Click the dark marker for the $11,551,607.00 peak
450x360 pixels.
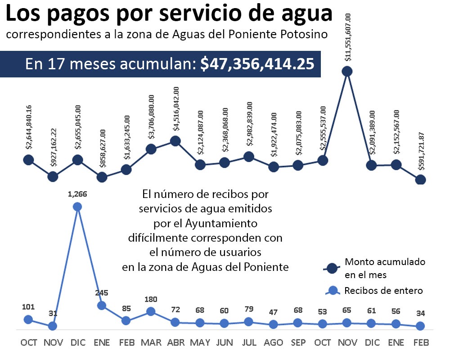(x=346, y=71)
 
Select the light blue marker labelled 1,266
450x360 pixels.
(x=77, y=207)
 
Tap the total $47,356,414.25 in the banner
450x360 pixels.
(x=257, y=63)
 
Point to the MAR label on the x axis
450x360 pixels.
(x=151, y=342)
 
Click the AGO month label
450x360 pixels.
(x=273, y=342)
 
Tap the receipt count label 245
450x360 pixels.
(x=102, y=293)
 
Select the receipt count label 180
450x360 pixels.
(x=151, y=299)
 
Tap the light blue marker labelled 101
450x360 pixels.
(x=28, y=319)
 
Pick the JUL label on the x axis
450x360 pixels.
(x=249, y=342)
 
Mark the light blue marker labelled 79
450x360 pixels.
(x=249, y=322)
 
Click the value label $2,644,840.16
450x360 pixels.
(x=29, y=127)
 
